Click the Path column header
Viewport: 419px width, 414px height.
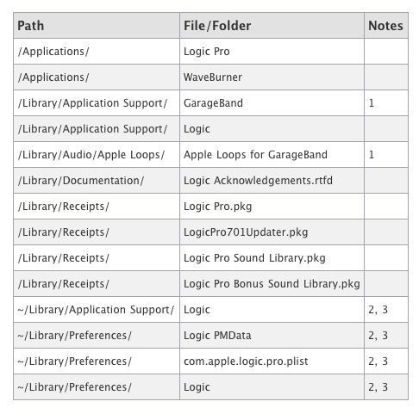tap(31, 26)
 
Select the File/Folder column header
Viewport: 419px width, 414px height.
tap(217, 26)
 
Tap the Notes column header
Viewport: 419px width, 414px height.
tap(385, 26)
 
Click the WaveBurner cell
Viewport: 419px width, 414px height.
tap(213, 77)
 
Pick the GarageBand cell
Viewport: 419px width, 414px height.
tap(213, 103)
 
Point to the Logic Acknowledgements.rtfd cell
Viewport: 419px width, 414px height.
tap(258, 181)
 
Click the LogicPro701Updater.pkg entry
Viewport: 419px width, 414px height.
tap(246, 232)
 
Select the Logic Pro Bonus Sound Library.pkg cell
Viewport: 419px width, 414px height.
tap(272, 284)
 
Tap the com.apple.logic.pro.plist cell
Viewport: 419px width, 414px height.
tap(246, 361)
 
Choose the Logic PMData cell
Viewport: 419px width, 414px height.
tap(217, 336)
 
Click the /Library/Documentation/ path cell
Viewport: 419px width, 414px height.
tap(81, 181)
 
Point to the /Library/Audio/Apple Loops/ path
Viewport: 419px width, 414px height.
tap(91, 155)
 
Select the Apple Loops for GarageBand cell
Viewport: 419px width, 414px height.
tap(255, 155)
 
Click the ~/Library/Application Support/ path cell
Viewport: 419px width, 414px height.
tap(96, 310)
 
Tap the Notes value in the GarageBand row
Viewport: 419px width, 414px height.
tap(372, 103)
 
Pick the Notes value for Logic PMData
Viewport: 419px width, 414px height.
tap(378, 336)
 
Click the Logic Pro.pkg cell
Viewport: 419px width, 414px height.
tap(217, 207)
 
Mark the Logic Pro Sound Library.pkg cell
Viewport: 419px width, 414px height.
tap(254, 258)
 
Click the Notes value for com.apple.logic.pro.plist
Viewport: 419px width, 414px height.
tap(378, 361)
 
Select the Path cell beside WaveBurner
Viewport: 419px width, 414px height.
tap(53, 77)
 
